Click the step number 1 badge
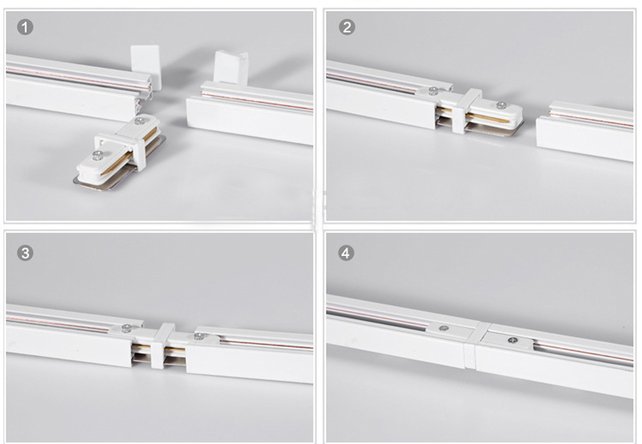point(25,28)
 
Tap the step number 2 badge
point(347,27)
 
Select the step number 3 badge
point(25,253)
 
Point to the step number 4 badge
point(346,253)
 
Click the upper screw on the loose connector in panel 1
point(139,121)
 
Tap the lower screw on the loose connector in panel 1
point(97,155)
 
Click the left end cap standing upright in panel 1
point(145,67)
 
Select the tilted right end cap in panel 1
point(230,67)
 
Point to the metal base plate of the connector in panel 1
point(119,172)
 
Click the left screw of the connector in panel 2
point(432,90)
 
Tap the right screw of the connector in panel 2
point(501,106)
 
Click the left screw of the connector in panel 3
point(126,328)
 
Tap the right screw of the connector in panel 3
point(199,337)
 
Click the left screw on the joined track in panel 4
point(444,328)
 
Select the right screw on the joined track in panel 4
point(512,340)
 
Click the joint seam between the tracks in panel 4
point(475,346)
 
